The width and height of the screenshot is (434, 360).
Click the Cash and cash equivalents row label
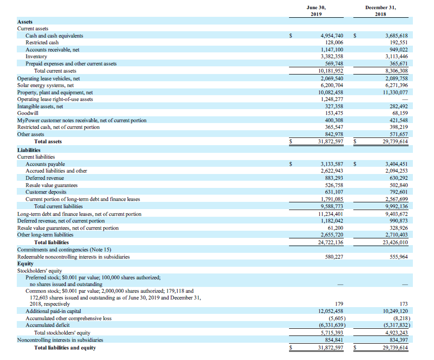54,36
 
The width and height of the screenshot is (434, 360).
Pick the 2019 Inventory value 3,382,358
331,57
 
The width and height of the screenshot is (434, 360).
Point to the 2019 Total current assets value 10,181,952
331,71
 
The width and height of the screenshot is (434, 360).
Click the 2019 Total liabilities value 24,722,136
331,242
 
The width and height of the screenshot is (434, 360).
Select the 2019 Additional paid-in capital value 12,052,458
331,311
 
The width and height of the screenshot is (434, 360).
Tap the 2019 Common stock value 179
339,304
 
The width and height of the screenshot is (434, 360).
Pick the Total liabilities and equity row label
65,348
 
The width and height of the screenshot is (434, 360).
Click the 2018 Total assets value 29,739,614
396,141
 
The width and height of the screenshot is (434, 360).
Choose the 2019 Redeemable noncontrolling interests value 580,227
333,257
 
